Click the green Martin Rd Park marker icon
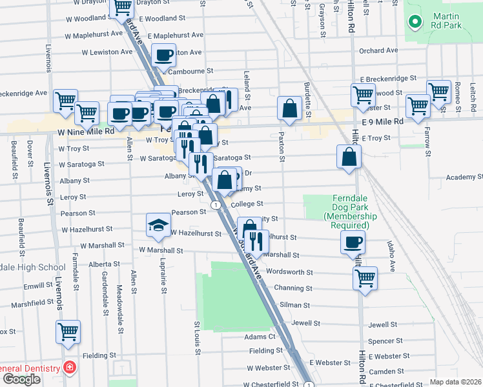(414, 23)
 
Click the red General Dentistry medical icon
(68, 368)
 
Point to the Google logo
(21, 379)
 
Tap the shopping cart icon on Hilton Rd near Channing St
(365, 279)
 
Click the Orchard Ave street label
(379, 51)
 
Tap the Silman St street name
(294, 304)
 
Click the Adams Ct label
(260, 337)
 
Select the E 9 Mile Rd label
(383, 121)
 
